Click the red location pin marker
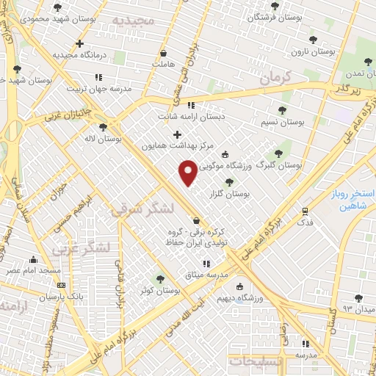point(188,173)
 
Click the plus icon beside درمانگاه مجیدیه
point(79,43)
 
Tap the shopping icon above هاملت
point(163,54)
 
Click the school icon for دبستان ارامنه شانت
point(192,105)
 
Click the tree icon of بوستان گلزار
point(229,182)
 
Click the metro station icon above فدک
point(305,210)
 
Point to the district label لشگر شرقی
point(142,209)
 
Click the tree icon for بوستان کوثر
point(160,278)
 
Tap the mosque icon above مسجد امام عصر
point(33,259)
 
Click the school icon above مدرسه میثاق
point(206,263)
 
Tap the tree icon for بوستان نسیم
point(282,110)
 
